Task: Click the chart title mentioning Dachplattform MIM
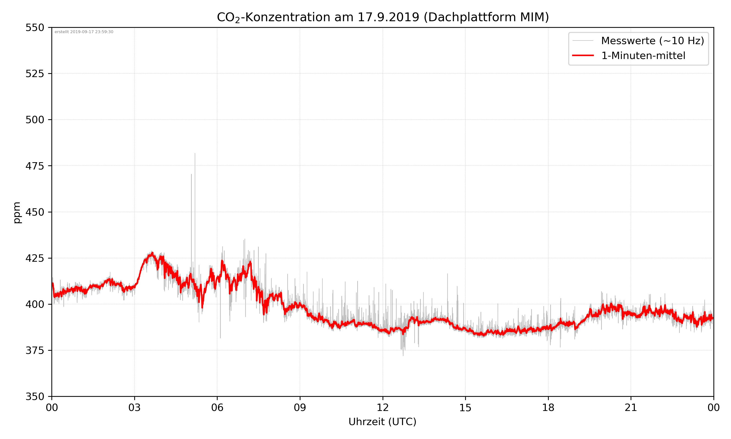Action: pos(383,17)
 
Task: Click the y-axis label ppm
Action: pos(17,212)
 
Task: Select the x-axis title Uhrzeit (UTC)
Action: pos(382,421)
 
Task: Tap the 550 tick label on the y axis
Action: pos(35,28)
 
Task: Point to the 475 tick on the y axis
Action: pos(35,166)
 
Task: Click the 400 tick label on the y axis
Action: pos(35,304)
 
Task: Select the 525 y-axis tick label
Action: pos(35,74)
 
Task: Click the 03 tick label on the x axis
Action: pos(135,407)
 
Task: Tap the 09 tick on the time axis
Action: pos(300,407)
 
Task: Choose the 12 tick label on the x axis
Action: pos(383,407)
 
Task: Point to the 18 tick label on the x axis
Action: pos(548,407)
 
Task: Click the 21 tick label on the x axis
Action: pos(631,407)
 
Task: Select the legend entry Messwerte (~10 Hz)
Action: pos(652,41)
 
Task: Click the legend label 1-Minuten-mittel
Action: pos(643,56)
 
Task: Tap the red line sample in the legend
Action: pos(583,55)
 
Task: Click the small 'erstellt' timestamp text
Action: pos(84,32)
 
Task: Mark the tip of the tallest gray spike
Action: pos(195,154)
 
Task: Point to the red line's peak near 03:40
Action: pos(152,253)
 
